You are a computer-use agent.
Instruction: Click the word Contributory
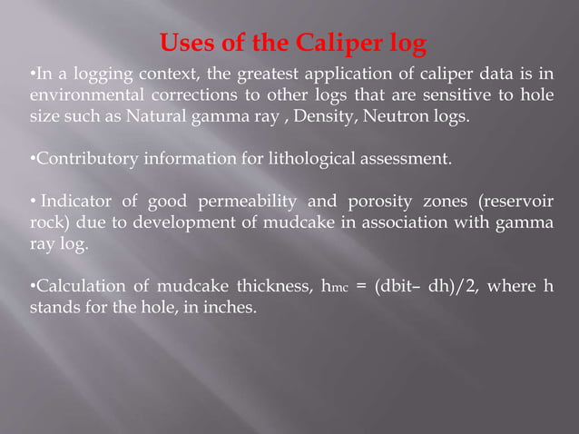click(x=84, y=161)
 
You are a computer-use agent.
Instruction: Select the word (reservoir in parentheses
click(x=508, y=200)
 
